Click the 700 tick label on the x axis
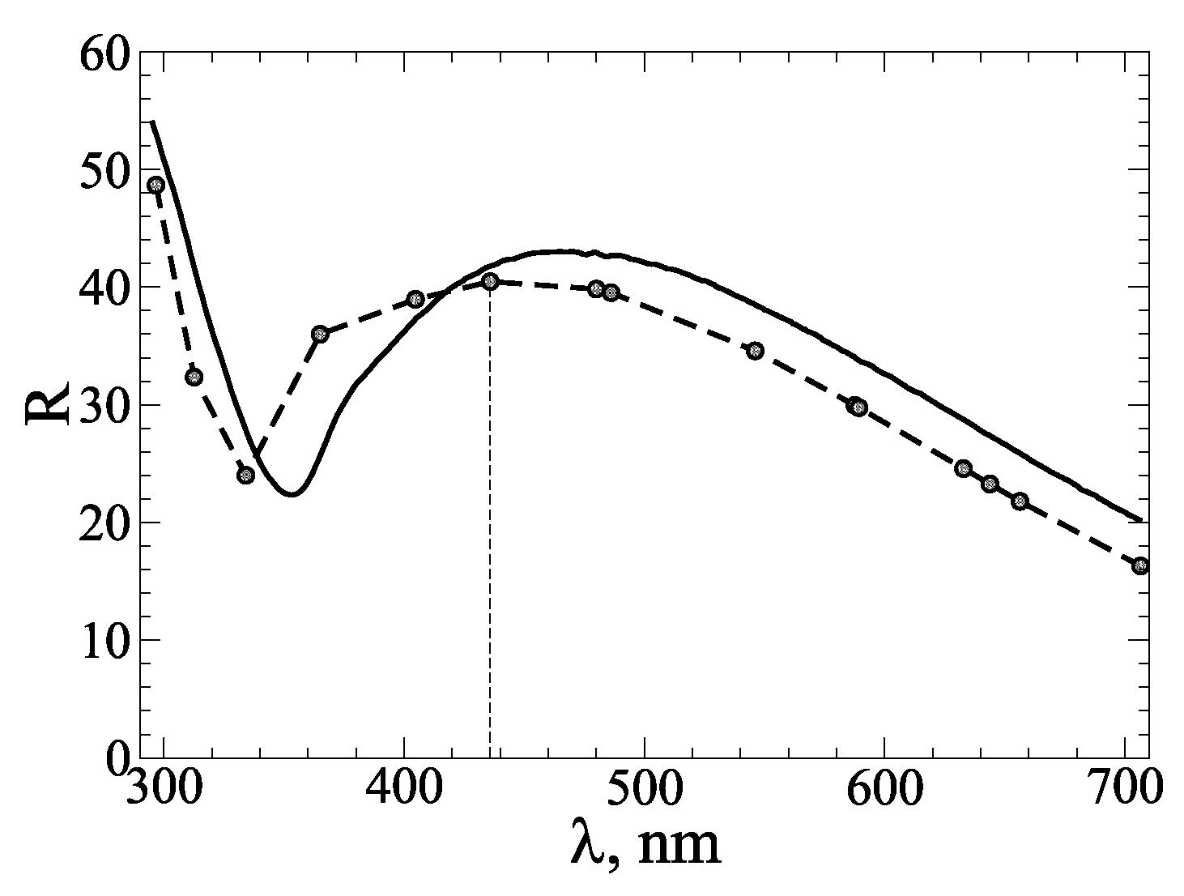[1124, 787]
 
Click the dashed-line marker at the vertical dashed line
[490, 281]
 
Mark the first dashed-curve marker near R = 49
[156, 185]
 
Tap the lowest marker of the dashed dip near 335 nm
[246, 475]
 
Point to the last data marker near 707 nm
[1140, 565]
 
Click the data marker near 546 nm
[755, 350]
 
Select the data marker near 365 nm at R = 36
[320, 334]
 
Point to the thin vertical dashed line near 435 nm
[490, 527]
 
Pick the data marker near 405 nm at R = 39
[415, 299]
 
